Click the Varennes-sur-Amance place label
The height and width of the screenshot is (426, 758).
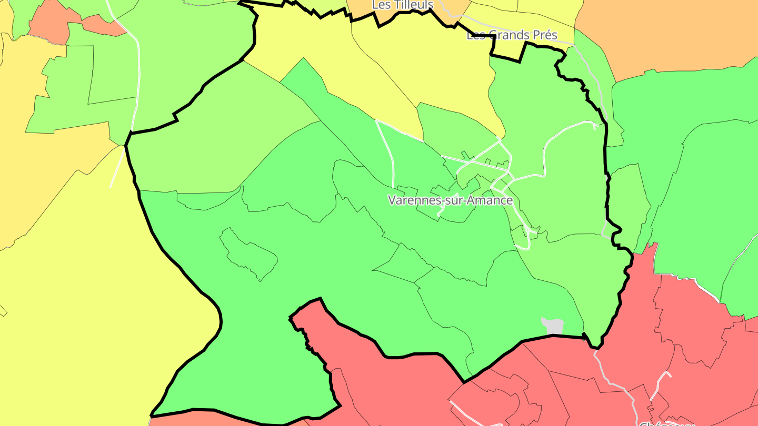click(x=450, y=200)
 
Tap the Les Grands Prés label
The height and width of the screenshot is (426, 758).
click(x=512, y=35)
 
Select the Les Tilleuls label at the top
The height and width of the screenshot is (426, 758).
click(x=403, y=5)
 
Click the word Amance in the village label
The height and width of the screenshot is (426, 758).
click(x=490, y=200)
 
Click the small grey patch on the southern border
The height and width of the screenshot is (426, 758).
click(x=553, y=326)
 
